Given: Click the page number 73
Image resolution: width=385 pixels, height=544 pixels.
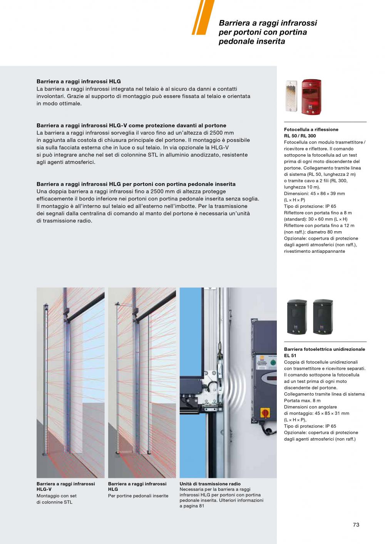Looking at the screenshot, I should click(x=356, y=525).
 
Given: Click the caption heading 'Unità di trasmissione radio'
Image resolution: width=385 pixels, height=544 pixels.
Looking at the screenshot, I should click(x=210, y=484).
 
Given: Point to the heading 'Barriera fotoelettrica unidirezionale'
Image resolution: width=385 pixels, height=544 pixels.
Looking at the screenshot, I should click(x=325, y=349).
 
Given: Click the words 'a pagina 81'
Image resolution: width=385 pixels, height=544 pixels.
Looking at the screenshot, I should click(x=192, y=506).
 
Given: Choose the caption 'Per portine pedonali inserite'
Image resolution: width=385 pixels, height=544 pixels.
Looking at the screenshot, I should click(x=138, y=496).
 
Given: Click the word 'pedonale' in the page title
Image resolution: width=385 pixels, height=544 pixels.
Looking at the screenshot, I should click(x=234, y=42).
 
